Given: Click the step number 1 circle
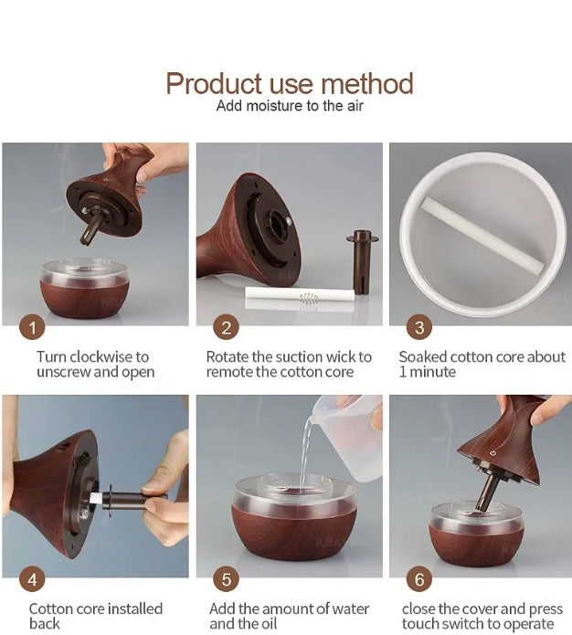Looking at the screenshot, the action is [32, 328].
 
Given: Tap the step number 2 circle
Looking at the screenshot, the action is [226, 328].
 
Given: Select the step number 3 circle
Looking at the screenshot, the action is [419, 328].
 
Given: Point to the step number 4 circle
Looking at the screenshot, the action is [32, 579].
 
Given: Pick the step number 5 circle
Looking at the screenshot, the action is [226, 579].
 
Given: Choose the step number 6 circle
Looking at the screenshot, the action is [419, 579].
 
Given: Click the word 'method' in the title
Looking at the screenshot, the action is [367, 84].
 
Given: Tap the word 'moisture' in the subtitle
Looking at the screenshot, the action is [275, 106].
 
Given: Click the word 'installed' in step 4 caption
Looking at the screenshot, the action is [135, 609].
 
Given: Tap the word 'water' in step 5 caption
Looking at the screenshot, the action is [351, 609].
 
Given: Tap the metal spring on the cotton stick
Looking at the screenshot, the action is [308, 302].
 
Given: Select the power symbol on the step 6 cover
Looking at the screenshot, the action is [493, 452].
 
